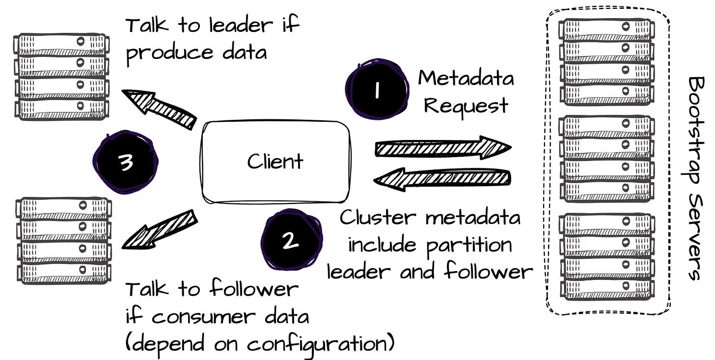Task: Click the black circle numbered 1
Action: click(377, 89)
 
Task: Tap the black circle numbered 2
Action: click(291, 239)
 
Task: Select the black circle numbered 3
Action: click(125, 162)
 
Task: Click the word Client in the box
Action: click(275, 161)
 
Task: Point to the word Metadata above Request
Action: click(466, 78)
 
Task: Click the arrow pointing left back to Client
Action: click(442, 179)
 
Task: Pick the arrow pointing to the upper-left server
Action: click(159, 109)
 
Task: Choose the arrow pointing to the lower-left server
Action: click(160, 230)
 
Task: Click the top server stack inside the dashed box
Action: click(606, 62)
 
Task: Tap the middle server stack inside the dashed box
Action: click(606, 159)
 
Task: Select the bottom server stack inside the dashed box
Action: click(606, 257)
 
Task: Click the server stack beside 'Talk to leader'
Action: click(61, 77)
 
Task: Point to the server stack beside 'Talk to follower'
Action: click(64, 241)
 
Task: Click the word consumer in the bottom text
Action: click(204, 317)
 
